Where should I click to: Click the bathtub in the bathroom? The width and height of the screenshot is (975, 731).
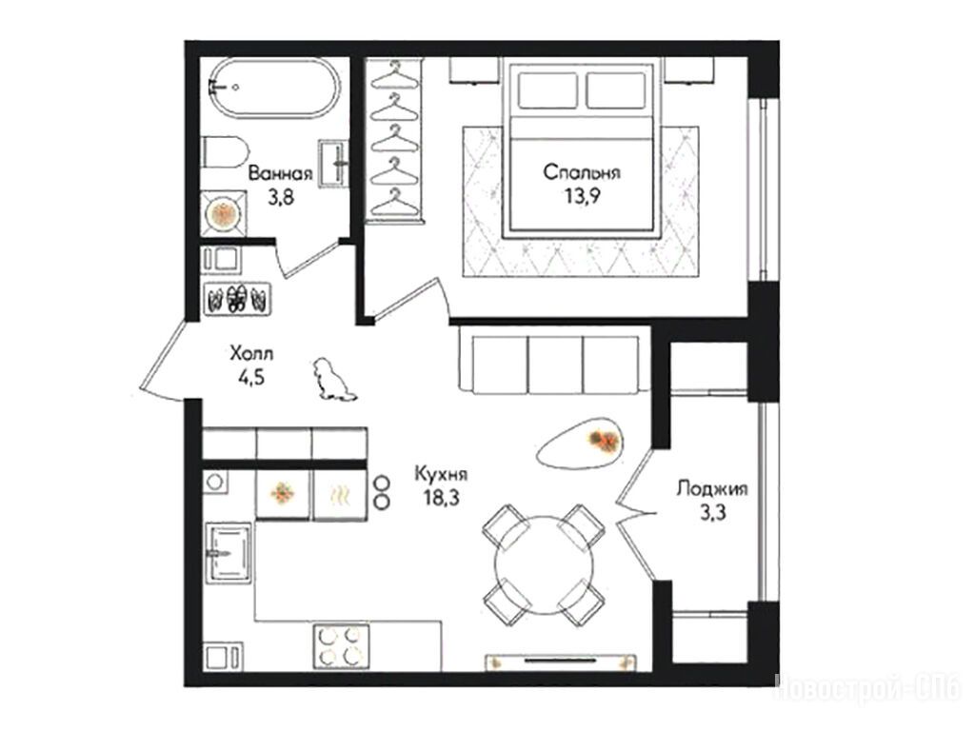click(x=273, y=88)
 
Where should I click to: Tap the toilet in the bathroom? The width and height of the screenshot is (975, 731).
click(x=225, y=152)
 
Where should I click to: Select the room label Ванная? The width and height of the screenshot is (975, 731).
click(x=280, y=172)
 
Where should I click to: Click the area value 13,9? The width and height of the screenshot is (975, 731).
click(x=582, y=196)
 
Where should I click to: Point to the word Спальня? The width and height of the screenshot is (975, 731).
click(x=582, y=171)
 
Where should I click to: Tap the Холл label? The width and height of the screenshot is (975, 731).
click(x=251, y=354)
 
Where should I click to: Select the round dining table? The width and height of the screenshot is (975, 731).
click(x=544, y=564)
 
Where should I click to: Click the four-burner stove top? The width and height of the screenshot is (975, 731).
click(x=340, y=646)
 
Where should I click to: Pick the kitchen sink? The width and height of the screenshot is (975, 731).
click(x=229, y=552)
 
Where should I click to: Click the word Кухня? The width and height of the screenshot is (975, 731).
click(x=441, y=475)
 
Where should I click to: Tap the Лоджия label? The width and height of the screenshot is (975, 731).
click(x=712, y=488)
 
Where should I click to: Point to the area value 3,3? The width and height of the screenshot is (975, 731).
click(x=712, y=513)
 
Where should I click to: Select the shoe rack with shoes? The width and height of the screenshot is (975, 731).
click(x=237, y=299)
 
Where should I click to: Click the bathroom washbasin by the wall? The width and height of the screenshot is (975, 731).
click(x=334, y=163)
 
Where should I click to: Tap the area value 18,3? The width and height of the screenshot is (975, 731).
click(x=441, y=499)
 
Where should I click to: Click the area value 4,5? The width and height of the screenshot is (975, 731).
click(x=251, y=378)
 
